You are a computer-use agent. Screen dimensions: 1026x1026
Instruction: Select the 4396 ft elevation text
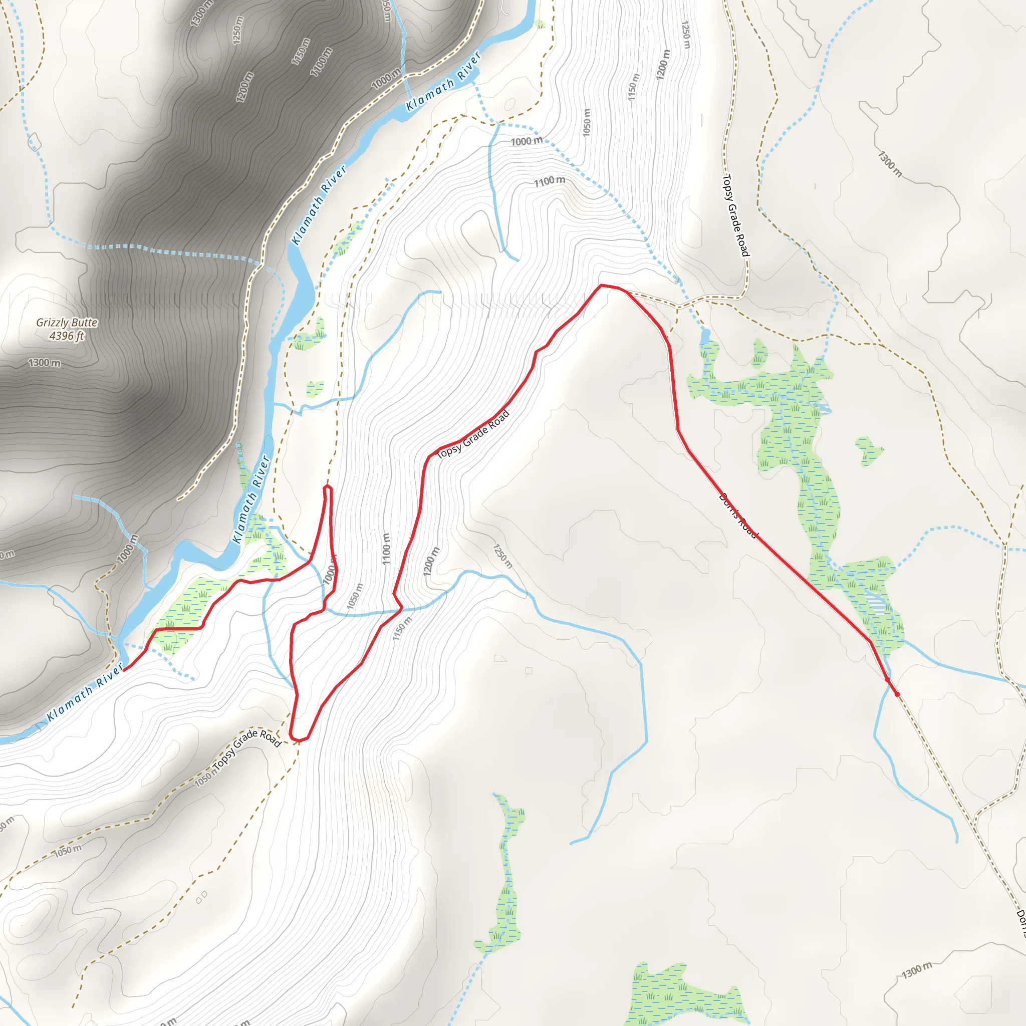(x=67, y=336)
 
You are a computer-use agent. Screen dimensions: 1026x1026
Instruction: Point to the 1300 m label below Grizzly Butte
(x=44, y=363)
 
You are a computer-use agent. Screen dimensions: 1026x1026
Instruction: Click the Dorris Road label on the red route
(x=738, y=515)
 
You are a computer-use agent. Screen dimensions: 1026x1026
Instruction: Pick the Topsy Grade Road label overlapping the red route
(x=472, y=434)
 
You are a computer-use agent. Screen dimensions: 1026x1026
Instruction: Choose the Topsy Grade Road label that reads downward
(x=735, y=215)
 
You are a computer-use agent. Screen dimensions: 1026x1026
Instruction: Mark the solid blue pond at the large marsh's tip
(x=705, y=336)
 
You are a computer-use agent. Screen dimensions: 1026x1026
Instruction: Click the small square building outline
(x=529, y=671)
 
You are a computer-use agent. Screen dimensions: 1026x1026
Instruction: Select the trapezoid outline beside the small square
(x=499, y=658)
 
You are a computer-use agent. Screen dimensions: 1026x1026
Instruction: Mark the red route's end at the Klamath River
(x=124, y=670)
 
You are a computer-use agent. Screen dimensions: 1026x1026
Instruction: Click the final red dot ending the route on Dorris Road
(x=897, y=694)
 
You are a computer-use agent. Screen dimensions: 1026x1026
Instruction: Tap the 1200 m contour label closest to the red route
(x=431, y=561)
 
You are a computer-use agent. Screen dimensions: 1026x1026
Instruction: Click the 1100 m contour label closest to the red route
(x=387, y=549)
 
